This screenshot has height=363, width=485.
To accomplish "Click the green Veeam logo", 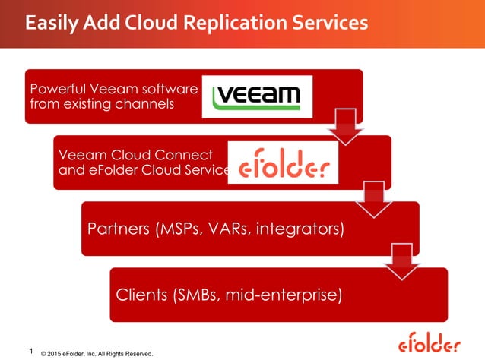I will [x=258, y=96].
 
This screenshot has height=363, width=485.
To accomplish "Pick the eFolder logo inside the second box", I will [x=283, y=163].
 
